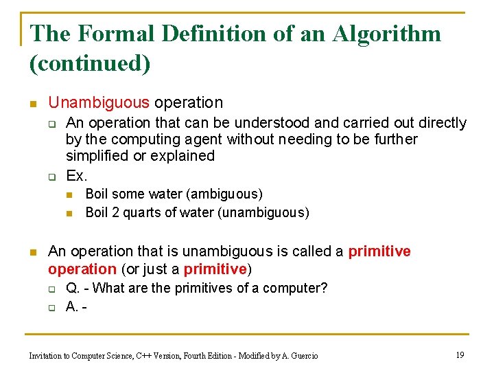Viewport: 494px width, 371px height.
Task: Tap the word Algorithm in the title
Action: (x=387, y=34)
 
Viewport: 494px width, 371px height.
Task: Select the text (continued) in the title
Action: (x=90, y=63)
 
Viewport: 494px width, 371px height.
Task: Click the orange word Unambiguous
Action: (x=99, y=103)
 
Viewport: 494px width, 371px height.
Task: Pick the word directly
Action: (x=439, y=123)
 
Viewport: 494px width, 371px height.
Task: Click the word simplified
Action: (x=97, y=156)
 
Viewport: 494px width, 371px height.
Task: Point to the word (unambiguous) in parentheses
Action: (x=263, y=212)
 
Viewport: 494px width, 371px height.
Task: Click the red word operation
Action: (x=82, y=269)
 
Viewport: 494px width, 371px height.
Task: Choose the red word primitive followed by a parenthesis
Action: (x=215, y=269)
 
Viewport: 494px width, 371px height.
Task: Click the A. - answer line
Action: (x=75, y=306)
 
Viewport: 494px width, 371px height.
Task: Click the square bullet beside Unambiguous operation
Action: (x=32, y=104)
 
